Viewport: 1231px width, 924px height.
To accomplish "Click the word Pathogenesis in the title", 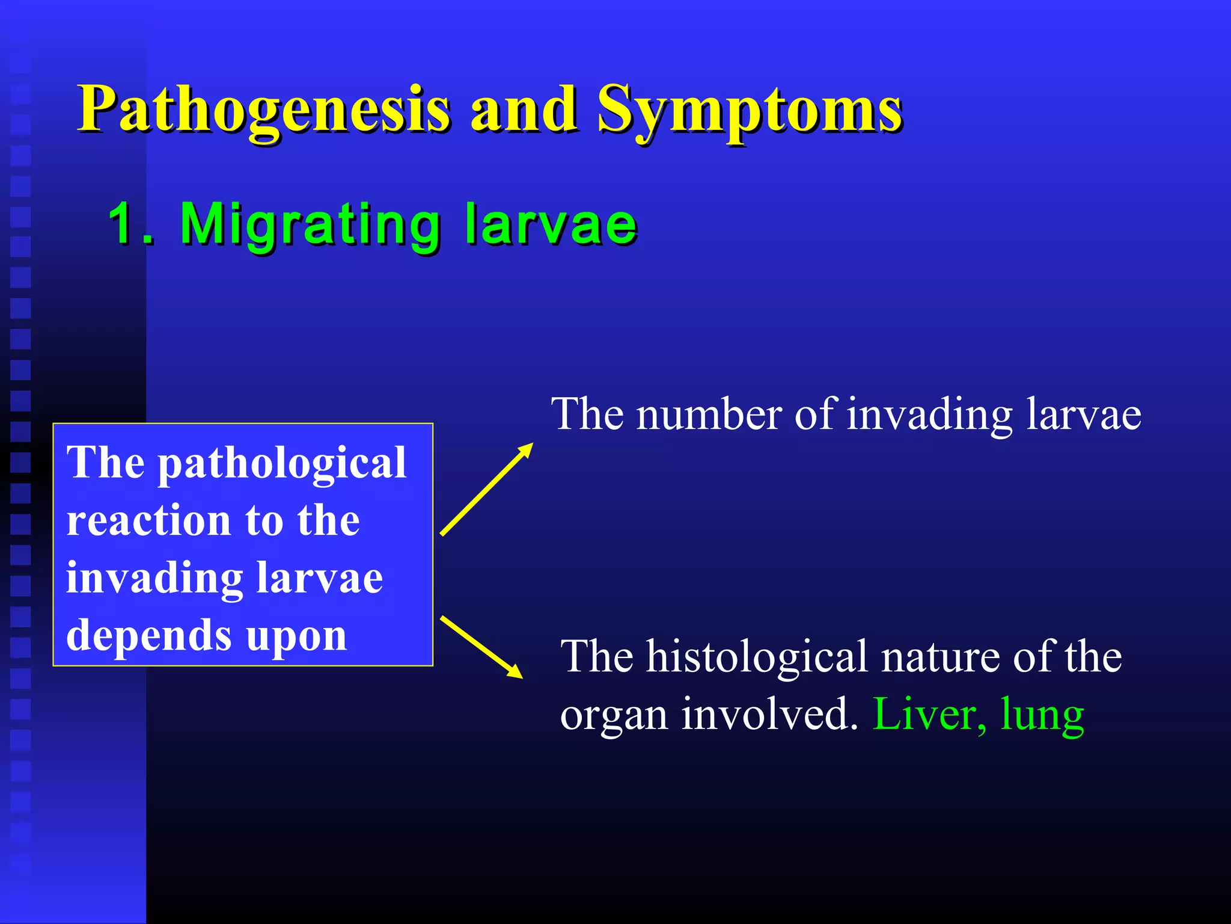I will pyautogui.click(x=264, y=109).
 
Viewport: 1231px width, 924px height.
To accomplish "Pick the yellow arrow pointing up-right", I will pyautogui.click(x=486, y=489).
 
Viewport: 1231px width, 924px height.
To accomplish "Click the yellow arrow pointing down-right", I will pyautogui.click(x=481, y=647).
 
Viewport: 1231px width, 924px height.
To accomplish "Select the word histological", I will pyautogui.click(x=757, y=656).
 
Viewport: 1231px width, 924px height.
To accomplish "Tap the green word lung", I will pyautogui.click(x=1042, y=716).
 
